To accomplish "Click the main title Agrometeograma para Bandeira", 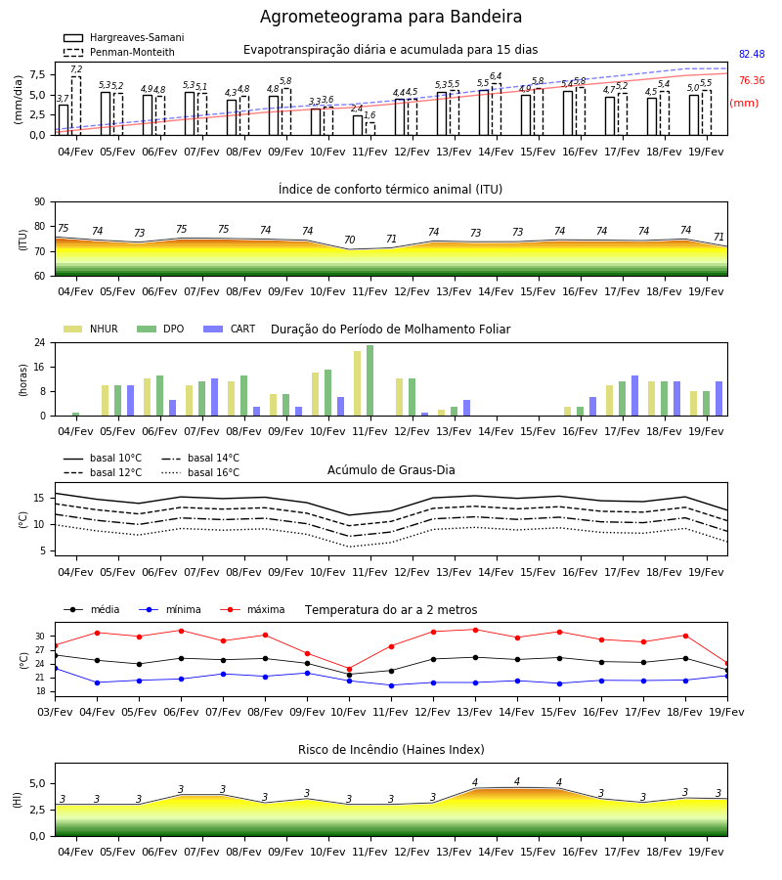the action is tap(390, 17).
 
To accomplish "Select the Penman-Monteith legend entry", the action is tap(119, 52).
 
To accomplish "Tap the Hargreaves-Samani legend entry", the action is tap(123, 37).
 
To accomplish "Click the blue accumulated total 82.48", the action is tap(752, 54).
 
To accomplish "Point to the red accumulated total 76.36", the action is tap(752, 80).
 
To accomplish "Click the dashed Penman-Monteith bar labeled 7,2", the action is tap(76, 106).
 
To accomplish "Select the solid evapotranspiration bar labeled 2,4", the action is tap(358, 125).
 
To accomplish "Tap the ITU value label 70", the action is tap(350, 240).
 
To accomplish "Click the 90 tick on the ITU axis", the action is tap(40, 202).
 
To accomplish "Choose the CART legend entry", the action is tap(230, 329).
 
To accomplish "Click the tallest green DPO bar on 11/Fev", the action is tap(370, 380).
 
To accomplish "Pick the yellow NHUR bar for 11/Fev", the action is tap(358, 383).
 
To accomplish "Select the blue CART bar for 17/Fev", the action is tap(635, 396).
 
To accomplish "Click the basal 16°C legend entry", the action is tap(200, 472).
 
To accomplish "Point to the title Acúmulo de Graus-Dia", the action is tap(391, 469).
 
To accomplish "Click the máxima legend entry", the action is tap(252, 609).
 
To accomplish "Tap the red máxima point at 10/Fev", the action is tap(350, 669).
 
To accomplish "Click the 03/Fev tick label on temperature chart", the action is tap(55, 712).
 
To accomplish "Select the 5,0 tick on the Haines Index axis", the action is tap(37, 783).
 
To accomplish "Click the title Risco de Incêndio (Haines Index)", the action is tap(391, 749).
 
